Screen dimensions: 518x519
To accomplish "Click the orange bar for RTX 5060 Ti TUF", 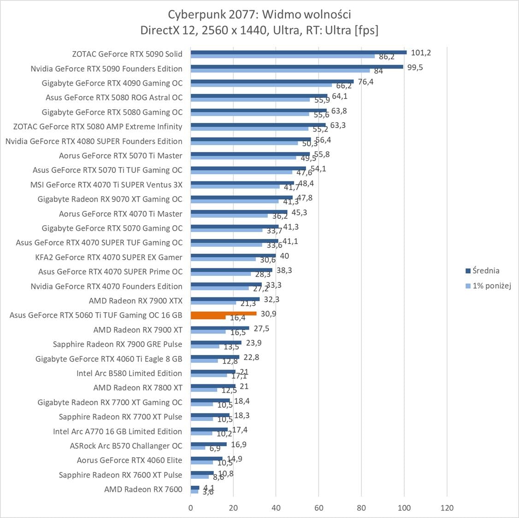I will (224, 314).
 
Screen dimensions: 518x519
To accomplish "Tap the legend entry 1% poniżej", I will (492, 285).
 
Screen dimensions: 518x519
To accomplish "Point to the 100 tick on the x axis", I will (404, 508).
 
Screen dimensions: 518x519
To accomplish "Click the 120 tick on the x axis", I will (447, 508).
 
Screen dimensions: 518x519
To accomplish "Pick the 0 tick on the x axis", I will (191, 508).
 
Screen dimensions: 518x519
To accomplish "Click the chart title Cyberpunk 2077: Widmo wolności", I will (259, 14).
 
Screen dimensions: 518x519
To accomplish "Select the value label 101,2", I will (421, 52).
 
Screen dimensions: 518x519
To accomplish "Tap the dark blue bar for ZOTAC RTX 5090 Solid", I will (299, 52).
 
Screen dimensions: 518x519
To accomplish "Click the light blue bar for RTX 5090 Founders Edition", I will (280, 70).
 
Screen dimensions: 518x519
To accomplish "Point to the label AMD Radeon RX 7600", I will (143, 489).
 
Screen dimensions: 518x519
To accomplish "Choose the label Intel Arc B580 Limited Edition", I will (129, 373).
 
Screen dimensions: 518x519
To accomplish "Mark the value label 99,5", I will (414, 67).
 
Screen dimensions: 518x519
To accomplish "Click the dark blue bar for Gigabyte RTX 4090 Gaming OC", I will (272, 81).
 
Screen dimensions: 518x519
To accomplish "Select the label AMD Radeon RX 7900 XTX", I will (136, 301).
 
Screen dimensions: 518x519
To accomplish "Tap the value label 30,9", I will (269, 314).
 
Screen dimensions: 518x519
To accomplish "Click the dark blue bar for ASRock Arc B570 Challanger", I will (209, 444).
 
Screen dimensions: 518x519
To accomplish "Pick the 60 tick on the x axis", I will (319, 508).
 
